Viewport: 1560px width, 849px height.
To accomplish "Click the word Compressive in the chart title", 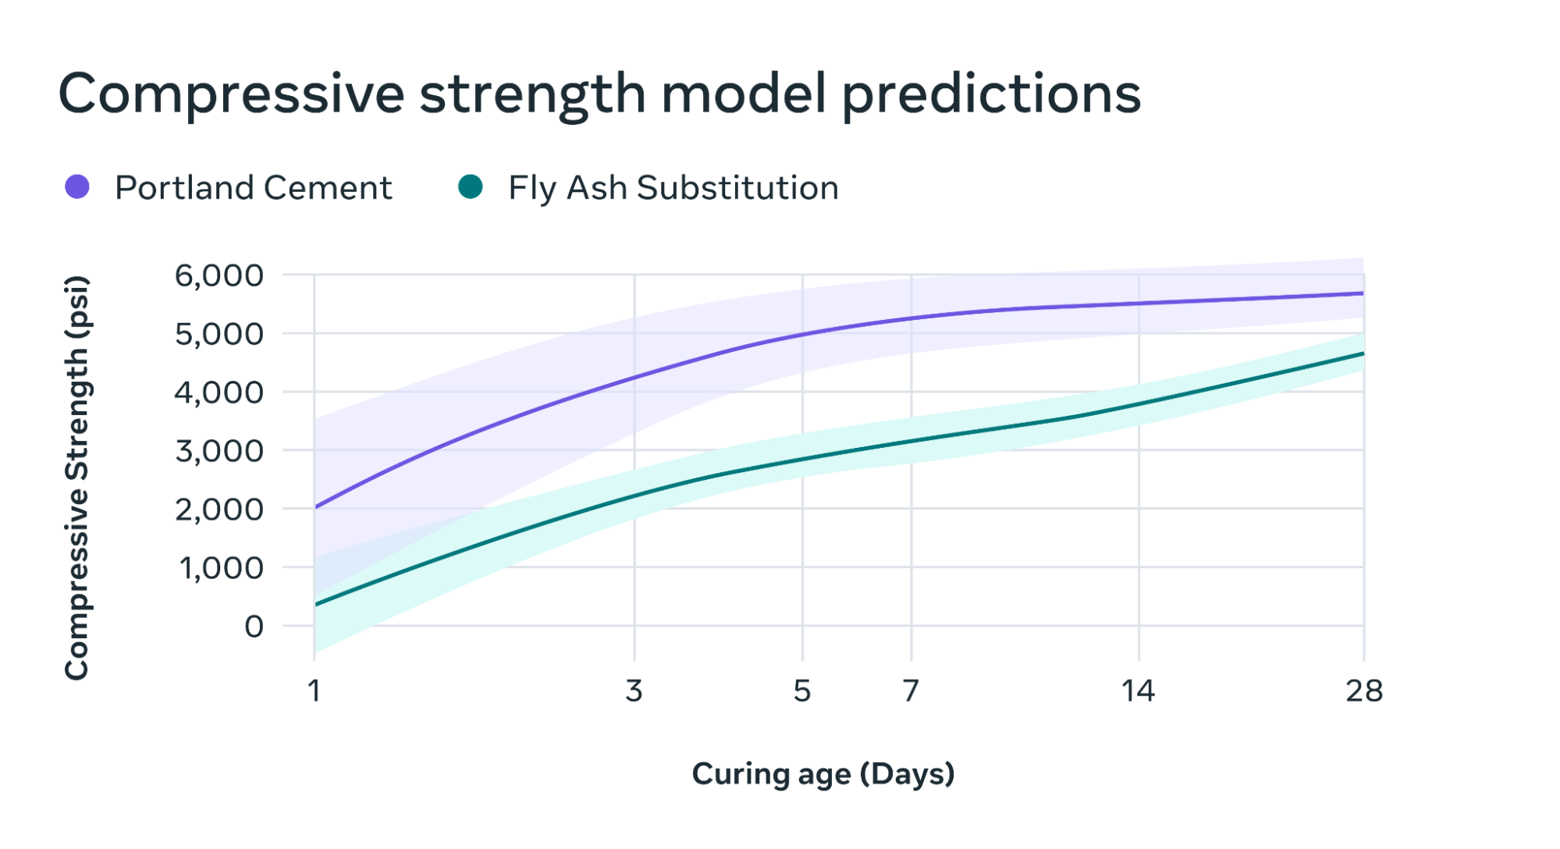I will pyautogui.click(x=231, y=94).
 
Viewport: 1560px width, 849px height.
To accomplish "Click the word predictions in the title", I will pyautogui.click(x=991, y=94).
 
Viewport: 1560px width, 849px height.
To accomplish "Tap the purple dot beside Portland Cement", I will pyautogui.click(x=77, y=187).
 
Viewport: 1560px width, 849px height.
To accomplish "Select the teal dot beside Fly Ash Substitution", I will pyautogui.click(x=471, y=187).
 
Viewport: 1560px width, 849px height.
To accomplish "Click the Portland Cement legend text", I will pyautogui.click(x=253, y=188).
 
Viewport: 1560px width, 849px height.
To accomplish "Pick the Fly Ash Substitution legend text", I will pyautogui.click(x=673, y=188).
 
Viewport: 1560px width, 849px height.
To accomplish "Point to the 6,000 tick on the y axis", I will pyautogui.click(x=219, y=275).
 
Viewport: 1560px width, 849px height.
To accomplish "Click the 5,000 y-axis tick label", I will pyautogui.click(x=219, y=334).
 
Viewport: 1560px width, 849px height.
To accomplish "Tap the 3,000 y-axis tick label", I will pyautogui.click(x=219, y=451).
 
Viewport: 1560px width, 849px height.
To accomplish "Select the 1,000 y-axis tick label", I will pyautogui.click(x=221, y=568).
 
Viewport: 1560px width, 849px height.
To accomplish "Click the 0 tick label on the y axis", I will pyautogui.click(x=254, y=627).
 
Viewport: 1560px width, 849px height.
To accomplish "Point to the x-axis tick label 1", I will pyautogui.click(x=314, y=691).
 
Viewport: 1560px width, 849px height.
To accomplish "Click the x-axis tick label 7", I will pyautogui.click(x=911, y=691).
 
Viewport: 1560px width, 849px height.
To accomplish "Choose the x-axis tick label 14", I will pyautogui.click(x=1138, y=691).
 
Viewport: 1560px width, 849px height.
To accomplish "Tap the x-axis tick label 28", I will pyautogui.click(x=1363, y=691).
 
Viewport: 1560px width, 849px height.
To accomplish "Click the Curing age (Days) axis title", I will pyautogui.click(x=823, y=774).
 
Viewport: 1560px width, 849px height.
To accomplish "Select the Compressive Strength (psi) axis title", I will pyautogui.click(x=76, y=478).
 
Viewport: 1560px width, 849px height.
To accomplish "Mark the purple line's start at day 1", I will pyautogui.click(x=315, y=507).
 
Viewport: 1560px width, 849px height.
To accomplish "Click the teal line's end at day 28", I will pyautogui.click(x=1363, y=353).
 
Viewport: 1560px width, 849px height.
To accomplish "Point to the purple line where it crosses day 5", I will pyautogui.click(x=802, y=335).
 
